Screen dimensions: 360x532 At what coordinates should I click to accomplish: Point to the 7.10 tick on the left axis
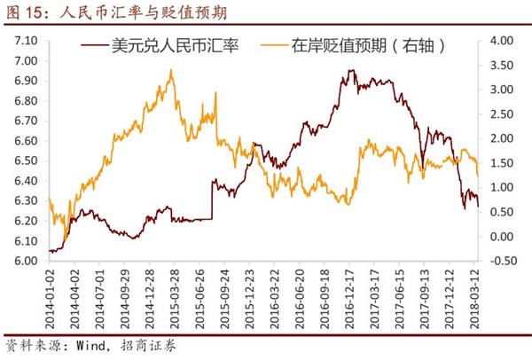(x=26, y=41)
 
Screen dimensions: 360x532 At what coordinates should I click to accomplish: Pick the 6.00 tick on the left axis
(x=26, y=262)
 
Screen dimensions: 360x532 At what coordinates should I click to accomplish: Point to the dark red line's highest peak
(x=348, y=70)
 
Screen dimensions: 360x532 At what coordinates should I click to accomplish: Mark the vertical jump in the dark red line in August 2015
(x=212, y=200)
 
